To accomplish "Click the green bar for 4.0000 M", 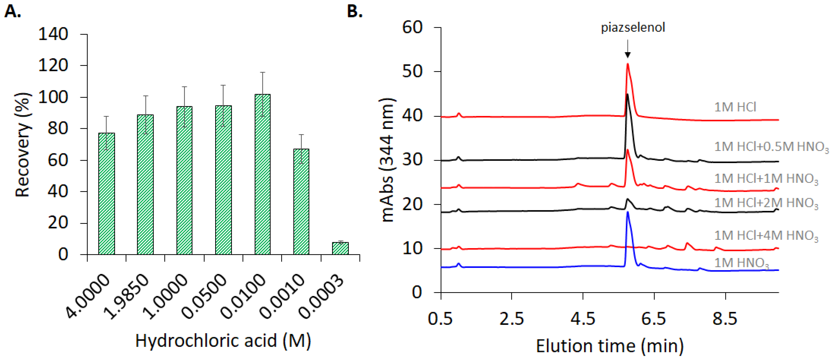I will [106, 194].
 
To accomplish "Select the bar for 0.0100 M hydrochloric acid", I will [263, 174].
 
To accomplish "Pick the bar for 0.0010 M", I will [301, 202].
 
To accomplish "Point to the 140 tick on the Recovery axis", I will [53, 34].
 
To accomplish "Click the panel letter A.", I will [13, 12].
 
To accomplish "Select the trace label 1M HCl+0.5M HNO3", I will [771, 147].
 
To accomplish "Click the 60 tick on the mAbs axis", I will [412, 27].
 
